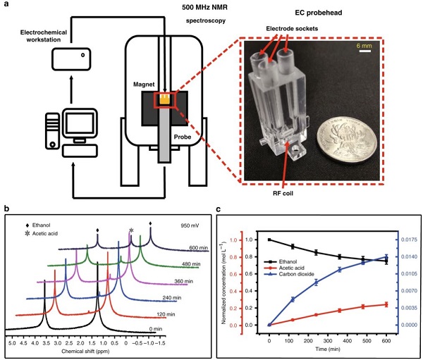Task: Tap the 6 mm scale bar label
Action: [x=372, y=46]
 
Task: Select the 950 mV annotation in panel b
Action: [x=190, y=225]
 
